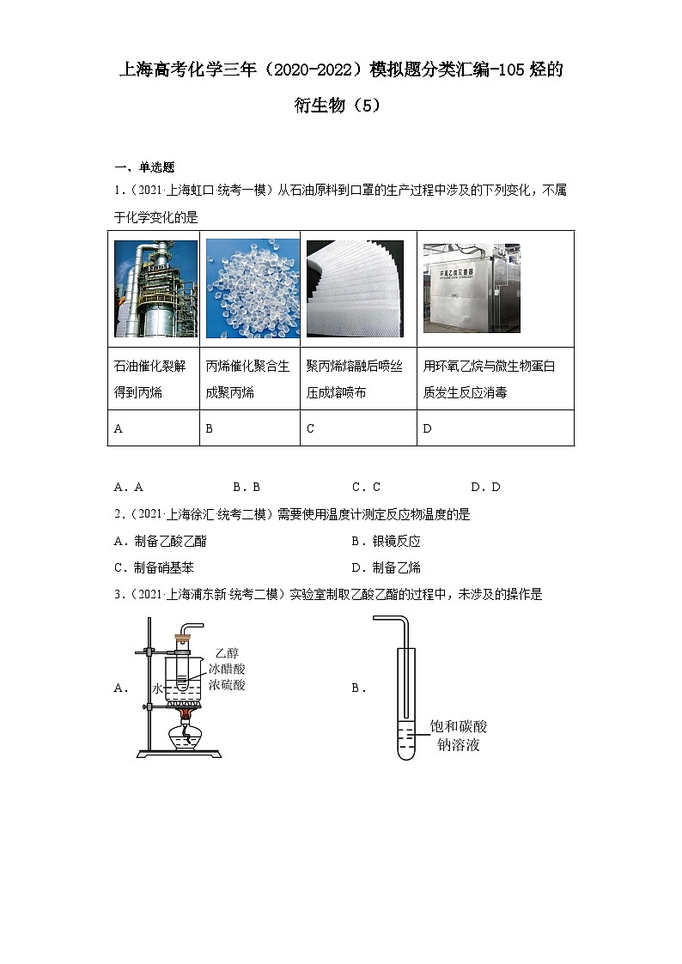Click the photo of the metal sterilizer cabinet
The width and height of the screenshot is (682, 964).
[472, 288]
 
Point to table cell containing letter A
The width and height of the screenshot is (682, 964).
[154, 428]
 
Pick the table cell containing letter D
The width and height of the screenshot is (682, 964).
[495, 428]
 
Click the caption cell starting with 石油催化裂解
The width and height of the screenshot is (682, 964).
[154, 379]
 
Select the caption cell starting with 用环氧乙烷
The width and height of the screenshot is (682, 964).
[495, 379]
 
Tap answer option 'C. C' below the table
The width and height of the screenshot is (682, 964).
[365, 487]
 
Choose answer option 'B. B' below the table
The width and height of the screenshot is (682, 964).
[246, 487]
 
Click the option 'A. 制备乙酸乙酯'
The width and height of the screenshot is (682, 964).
[160, 542]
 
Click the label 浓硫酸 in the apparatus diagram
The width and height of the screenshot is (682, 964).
[227, 685]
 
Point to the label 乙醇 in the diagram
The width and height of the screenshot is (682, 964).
[227, 653]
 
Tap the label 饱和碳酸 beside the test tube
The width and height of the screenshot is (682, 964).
[458, 727]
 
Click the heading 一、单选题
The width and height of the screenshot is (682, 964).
[143, 167]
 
